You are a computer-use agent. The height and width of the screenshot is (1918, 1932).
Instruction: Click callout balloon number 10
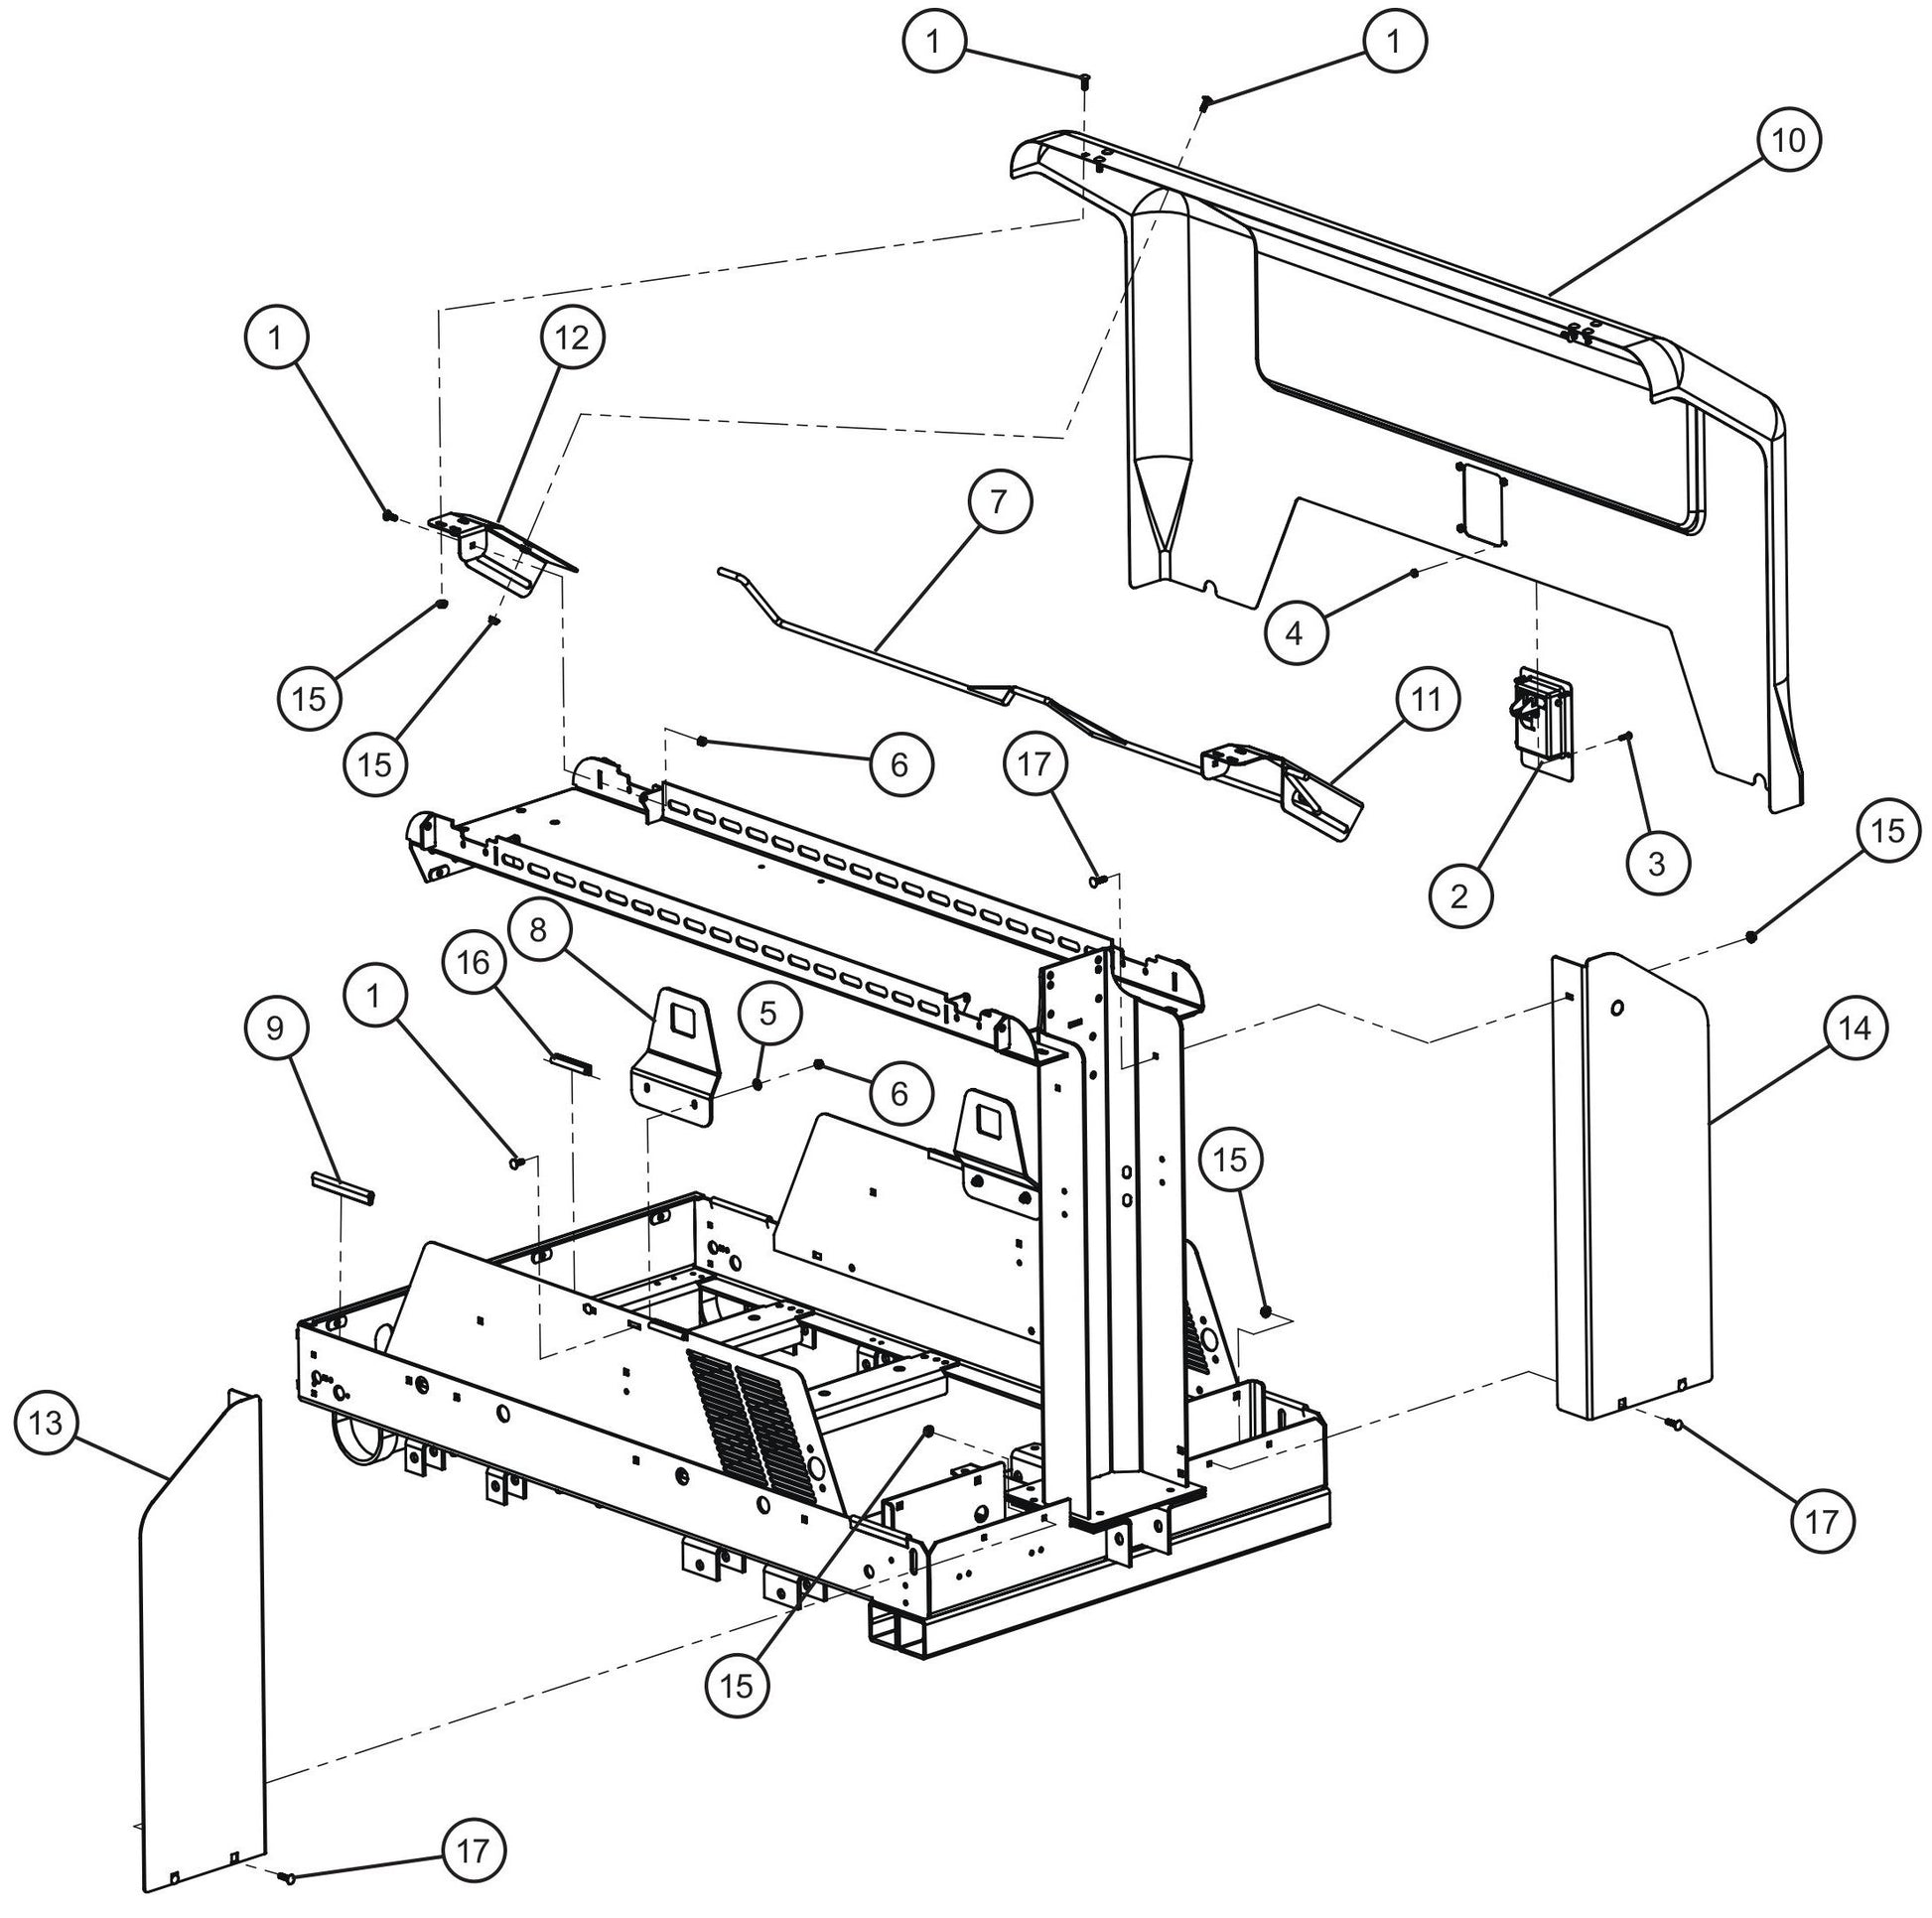click(x=1788, y=141)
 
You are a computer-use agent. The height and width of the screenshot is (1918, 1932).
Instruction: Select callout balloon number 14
click(x=1855, y=1027)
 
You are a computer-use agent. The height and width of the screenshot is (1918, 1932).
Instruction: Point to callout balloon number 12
click(x=572, y=338)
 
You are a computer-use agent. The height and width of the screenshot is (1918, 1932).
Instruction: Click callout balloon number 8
click(x=538, y=931)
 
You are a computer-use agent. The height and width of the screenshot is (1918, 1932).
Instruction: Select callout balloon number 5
click(x=767, y=1013)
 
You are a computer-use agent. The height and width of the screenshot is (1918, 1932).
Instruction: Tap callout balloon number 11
click(x=1425, y=699)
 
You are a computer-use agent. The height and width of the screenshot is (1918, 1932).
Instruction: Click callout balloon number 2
click(x=1459, y=895)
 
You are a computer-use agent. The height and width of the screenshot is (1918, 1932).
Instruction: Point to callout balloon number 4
click(x=1294, y=632)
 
